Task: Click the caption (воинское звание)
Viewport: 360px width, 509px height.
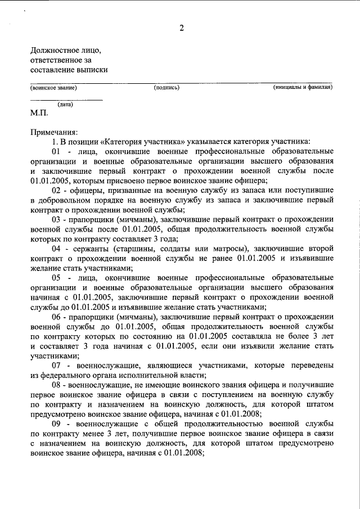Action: coord(53,88)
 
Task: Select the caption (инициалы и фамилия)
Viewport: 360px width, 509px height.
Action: coord(303,88)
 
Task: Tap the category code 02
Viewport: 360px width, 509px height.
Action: coord(56,191)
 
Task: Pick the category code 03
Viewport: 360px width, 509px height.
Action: coord(56,220)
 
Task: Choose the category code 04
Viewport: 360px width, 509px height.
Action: coord(56,249)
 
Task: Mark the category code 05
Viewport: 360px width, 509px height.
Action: coord(56,278)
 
